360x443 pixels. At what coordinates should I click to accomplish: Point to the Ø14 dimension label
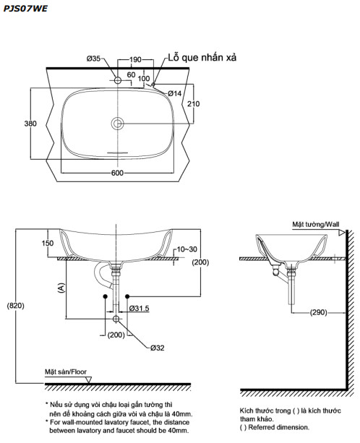pos(175,93)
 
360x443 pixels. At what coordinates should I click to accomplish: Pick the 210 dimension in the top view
pos(194,103)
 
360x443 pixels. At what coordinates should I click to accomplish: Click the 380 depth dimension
pos(30,124)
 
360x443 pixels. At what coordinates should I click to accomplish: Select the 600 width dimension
pos(117,173)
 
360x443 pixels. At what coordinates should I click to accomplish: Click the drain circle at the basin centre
pos(117,124)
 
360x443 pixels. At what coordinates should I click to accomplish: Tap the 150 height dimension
pos(47,244)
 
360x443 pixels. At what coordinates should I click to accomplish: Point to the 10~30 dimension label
pos(186,249)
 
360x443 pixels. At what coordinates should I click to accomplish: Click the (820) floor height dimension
pos(15,306)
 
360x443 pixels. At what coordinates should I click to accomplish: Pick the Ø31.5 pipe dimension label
pos(140,309)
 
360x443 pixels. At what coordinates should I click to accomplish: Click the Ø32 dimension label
pos(159,348)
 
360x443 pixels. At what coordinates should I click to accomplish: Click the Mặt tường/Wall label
pos(315,225)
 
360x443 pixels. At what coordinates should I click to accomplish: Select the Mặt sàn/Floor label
pos(65,371)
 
